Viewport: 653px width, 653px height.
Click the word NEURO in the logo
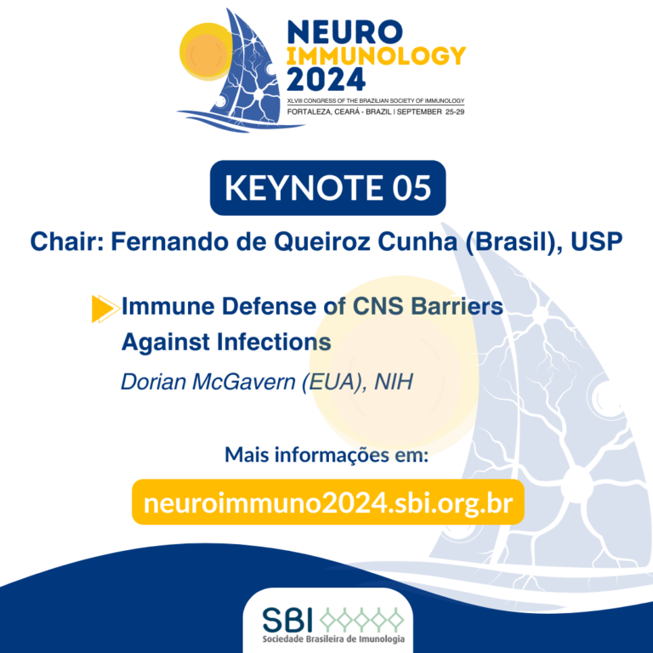[x=345, y=32]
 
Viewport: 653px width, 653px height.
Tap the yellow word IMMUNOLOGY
[x=376, y=56]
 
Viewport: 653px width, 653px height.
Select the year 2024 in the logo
[x=326, y=80]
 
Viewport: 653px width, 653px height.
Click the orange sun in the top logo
[x=206, y=52]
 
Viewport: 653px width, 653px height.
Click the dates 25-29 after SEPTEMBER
[x=455, y=111]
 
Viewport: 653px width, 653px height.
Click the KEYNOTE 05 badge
[x=327, y=188]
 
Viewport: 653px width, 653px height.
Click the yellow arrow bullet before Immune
[x=104, y=309]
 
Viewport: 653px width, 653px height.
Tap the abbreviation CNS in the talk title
[x=378, y=306]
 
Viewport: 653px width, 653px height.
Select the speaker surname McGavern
[x=244, y=382]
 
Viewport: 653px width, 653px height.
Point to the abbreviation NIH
[x=394, y=382]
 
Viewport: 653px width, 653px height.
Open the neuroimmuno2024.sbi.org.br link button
[x=327, y=502]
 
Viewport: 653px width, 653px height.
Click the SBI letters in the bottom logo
[x=287, y=620]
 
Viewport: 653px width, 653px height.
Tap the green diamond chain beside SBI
[x=361, y=619]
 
